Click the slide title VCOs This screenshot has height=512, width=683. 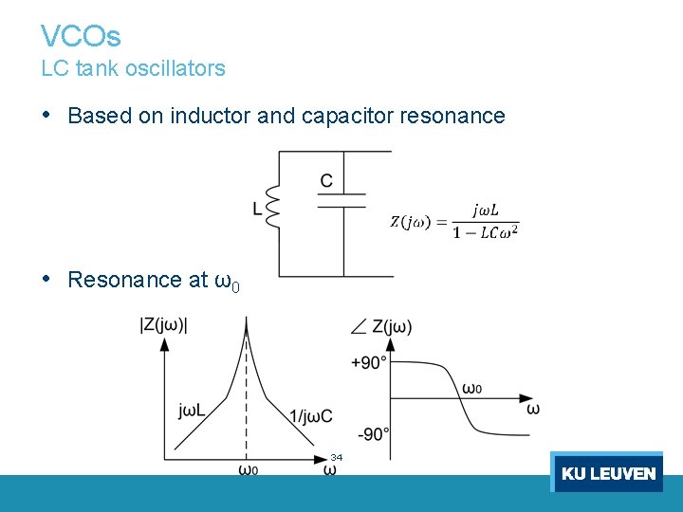pos(81,36)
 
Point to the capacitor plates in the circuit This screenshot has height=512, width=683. pos(341,199)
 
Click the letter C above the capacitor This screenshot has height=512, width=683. pos(326,180)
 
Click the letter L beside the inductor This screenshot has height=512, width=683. pos(258,210)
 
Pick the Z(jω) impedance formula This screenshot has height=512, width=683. pos(455,221)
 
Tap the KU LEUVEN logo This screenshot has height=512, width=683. pos(607,472)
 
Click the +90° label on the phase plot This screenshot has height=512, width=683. pos(369,362)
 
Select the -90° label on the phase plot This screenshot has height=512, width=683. pos(373,434)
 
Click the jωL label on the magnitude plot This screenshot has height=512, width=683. pos(194,411)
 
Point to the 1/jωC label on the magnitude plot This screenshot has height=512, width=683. pos(311,414)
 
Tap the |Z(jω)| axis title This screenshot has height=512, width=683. pos(163,324)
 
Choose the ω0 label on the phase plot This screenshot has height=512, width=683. pos(471,388)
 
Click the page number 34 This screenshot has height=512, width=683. pos(337,458)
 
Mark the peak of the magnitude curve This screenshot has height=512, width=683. pos(247,322)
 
